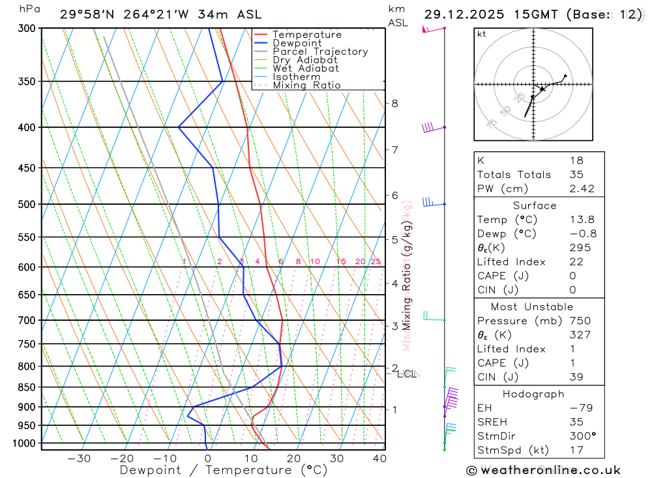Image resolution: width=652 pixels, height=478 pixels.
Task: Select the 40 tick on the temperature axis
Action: coord(379,458)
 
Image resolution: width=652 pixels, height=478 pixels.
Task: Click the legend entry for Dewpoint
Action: coord(297,43)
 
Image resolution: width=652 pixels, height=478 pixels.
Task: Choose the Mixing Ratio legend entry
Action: coord(306,85)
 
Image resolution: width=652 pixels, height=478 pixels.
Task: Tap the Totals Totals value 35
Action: coord(576,174)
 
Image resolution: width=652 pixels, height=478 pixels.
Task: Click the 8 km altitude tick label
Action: coord(394,103)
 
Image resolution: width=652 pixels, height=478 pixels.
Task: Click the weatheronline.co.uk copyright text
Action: coord(543,470)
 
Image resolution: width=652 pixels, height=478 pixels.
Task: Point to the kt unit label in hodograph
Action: coord(482,34)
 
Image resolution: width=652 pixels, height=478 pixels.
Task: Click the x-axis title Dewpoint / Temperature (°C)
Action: coord(223,470)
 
